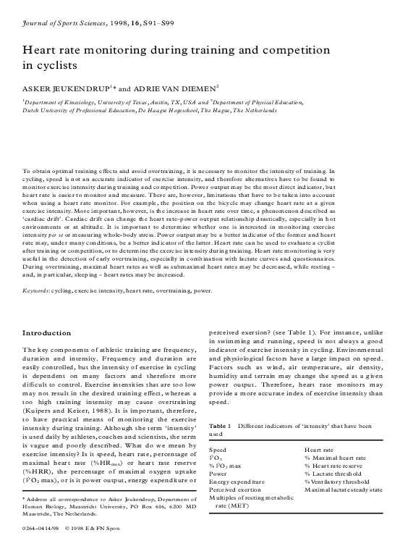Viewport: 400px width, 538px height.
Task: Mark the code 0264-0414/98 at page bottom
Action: pos(41,529)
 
